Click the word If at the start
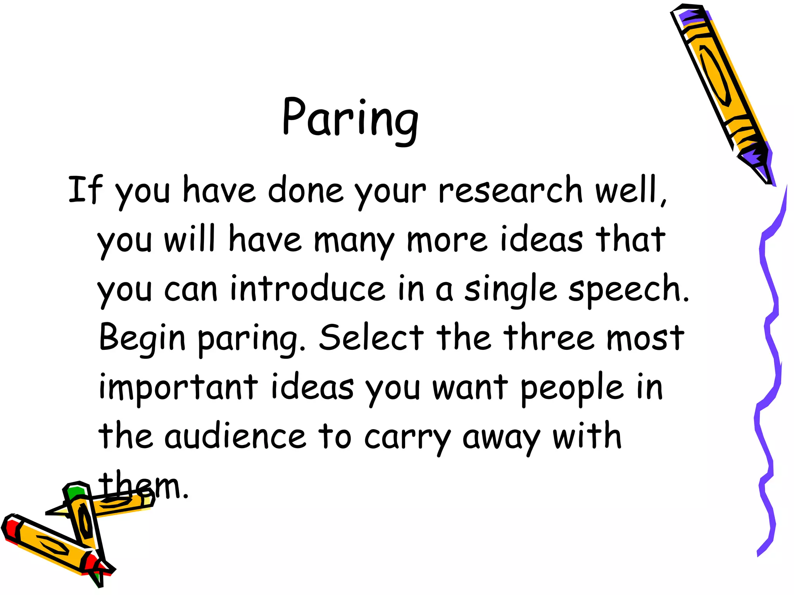(x=85, y=189)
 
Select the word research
(x=510, y=190)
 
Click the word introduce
(x=307, y=289)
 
